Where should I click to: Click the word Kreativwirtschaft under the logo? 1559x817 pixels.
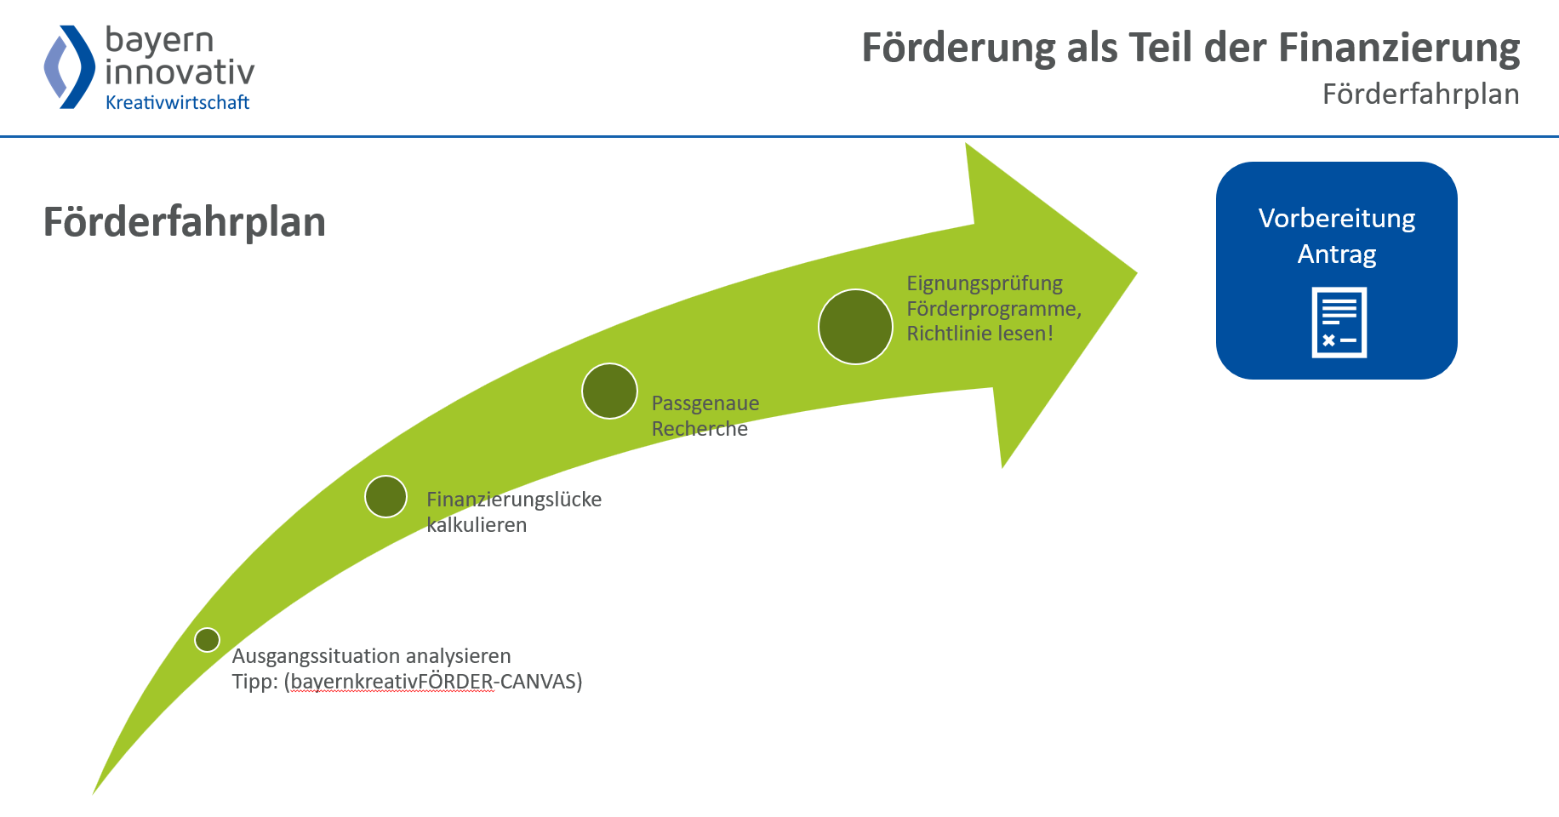177,103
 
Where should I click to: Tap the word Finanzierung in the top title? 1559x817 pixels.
1399,49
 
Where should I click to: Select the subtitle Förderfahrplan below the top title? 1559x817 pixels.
1420,94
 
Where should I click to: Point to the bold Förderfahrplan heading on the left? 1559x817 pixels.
185,222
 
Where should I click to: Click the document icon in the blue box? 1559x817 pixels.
1339,323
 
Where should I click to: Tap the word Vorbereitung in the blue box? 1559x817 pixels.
1336,219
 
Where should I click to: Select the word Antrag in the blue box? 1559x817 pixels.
1336,254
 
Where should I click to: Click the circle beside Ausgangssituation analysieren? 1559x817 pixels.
207,640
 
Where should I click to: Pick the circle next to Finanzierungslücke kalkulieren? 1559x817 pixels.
385,496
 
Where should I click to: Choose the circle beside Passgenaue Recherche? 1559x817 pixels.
609,391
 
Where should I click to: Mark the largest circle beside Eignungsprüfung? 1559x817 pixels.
855,327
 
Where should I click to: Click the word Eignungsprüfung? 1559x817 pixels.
985,283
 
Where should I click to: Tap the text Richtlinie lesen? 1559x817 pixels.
979,334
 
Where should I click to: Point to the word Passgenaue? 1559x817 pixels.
705,403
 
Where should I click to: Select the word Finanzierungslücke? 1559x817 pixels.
514,500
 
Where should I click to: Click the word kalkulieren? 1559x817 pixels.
477,525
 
